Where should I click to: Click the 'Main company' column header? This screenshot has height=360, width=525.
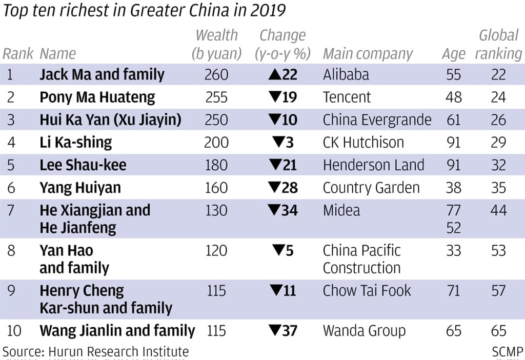368,54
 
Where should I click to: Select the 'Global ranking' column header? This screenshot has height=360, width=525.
498,45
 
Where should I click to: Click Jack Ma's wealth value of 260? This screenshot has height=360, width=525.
216,75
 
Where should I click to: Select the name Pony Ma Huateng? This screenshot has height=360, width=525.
97,97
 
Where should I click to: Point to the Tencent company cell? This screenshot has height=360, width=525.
347,97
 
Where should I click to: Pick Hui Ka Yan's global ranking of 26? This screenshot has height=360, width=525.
498,120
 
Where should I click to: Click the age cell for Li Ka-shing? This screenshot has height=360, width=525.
453,143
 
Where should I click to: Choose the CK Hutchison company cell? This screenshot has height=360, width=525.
363,143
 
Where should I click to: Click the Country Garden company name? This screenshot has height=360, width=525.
371,188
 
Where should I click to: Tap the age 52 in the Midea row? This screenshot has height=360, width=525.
453,227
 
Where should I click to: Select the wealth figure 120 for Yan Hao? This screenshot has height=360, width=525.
216,251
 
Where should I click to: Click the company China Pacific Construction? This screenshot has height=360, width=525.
361,259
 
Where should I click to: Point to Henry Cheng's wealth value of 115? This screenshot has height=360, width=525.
216,291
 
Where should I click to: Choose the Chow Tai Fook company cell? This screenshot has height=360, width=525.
367,291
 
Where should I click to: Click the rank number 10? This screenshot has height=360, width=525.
14,331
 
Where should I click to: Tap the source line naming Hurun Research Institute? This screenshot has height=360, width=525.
96,352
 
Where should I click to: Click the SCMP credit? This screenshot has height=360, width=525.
507,352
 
